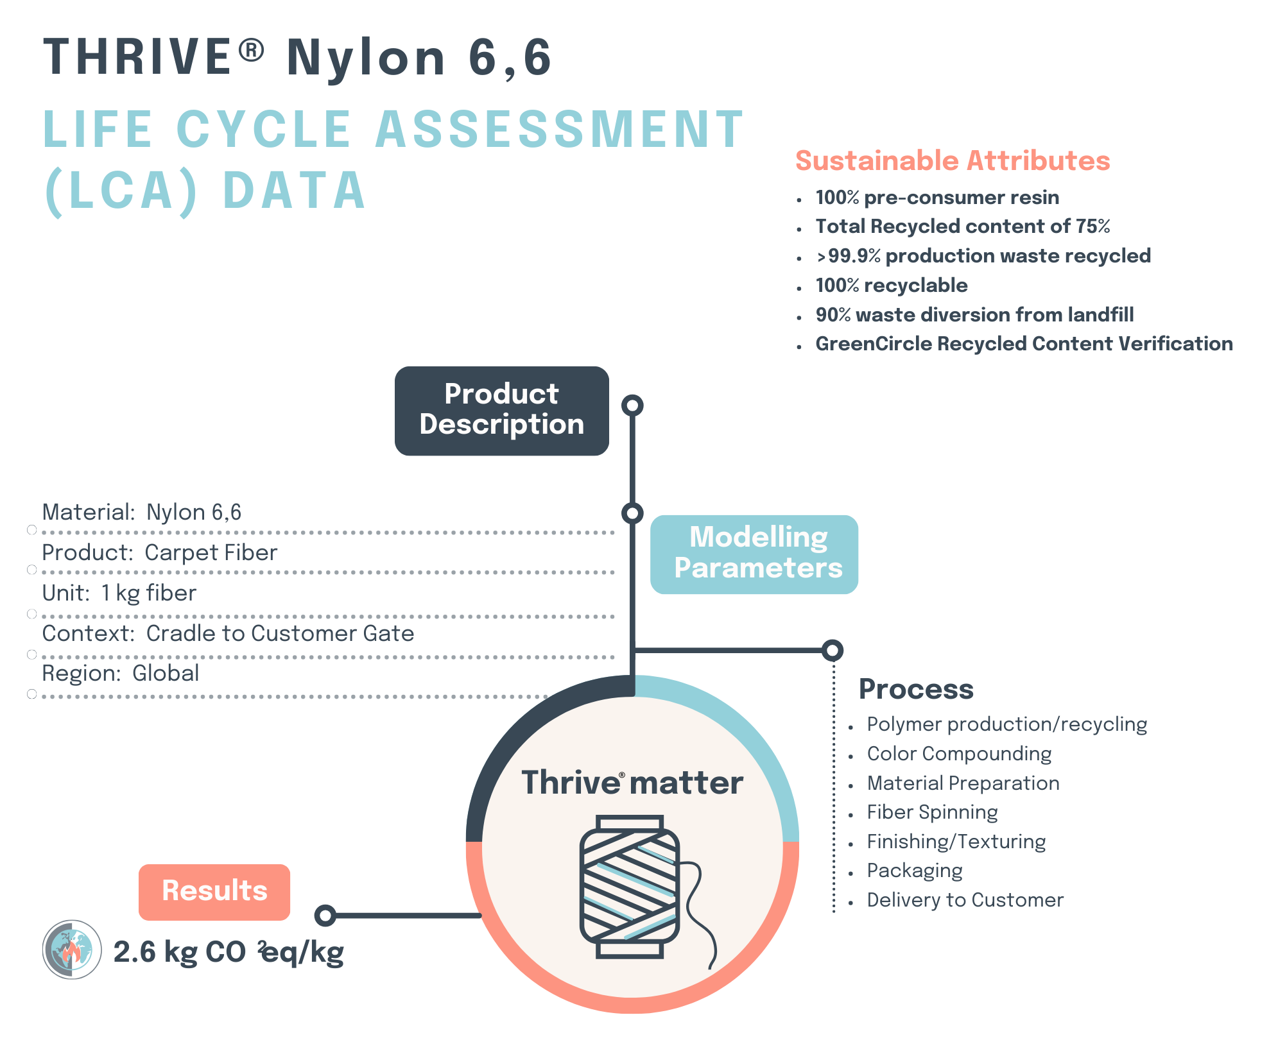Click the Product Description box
click(x=501, y=411)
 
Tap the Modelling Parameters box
click(x=754, y=554)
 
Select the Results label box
click(x=214, y=891)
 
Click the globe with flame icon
click(x=72, y=950)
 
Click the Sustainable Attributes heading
click(x=953, y=160)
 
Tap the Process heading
click(x=916, y=689)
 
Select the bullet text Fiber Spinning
click(x=932, y=812)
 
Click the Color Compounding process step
click(x=959, y=754)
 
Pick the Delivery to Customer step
click(x=965, y=900)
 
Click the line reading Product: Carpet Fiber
click(x=160, y=552)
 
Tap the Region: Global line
click(x=121, y=673)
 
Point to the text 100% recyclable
click(x=891, y=286)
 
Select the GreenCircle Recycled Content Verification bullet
click(x=1024, y=344)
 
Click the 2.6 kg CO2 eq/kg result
click(x=229, y=952)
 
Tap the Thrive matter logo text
click(x=632, y=783)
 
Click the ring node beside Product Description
click(x=632, y=405)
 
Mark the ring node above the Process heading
click(x=833, y=651)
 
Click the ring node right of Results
click(x=325, y=916)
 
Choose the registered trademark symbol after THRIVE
click(x=252, y=51)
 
